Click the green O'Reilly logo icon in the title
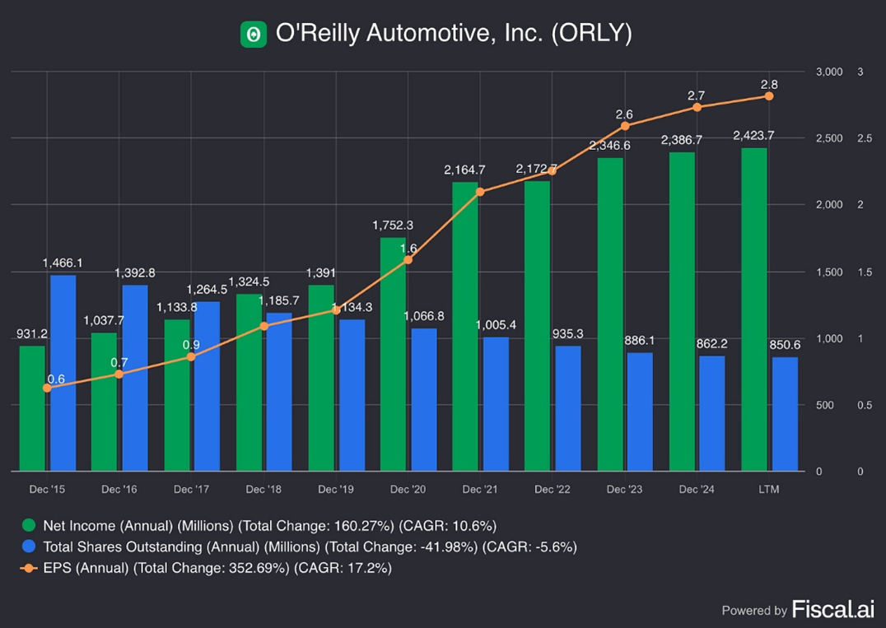[x=254, y=34]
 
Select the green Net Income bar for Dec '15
[x=32, y=408]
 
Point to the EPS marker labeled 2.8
[x=769, y=96]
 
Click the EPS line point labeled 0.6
[x=47, y=388]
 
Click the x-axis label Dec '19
[x=336, y=490]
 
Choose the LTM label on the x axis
[x=768, y=490]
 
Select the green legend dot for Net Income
[x=29, y=526]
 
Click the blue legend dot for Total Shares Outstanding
[x=29, y=547]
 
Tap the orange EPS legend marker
[x=29, y=568]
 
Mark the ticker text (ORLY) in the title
[x=591, y=35]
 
